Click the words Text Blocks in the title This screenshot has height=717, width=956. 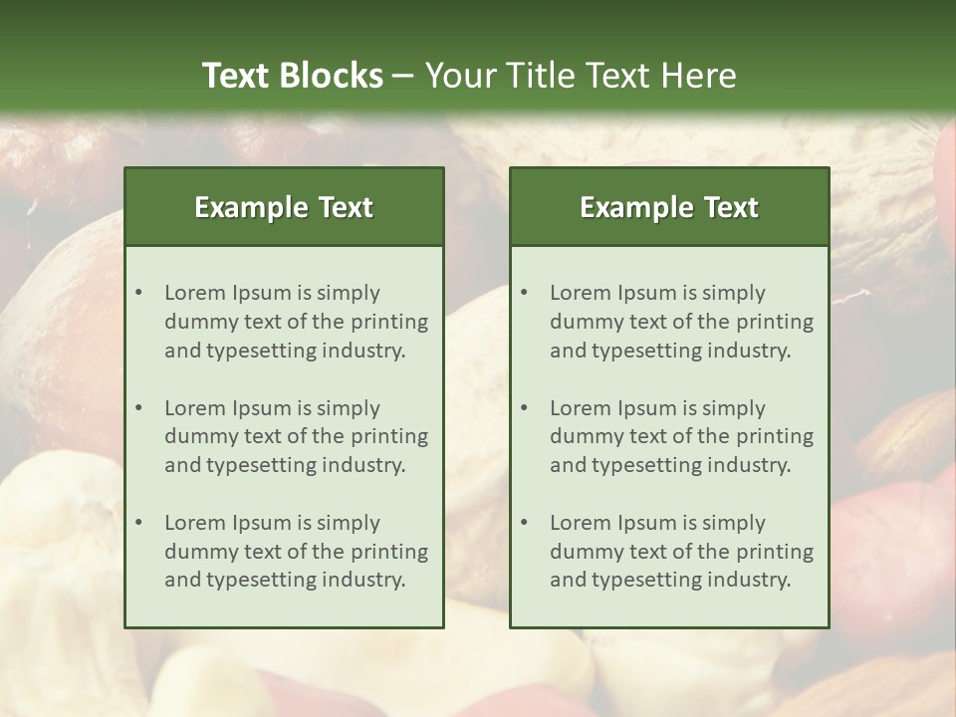click(293, 76)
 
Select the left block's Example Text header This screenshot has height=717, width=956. click(284, 207)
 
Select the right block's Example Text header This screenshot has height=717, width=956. click(669, 207)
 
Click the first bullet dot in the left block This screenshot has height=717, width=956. click(138, 293)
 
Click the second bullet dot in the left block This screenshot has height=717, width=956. click(138, 408)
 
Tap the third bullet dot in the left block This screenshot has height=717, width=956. click(138, 523)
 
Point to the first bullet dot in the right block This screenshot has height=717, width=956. click(524, 293)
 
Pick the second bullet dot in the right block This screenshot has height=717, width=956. click(524, 408)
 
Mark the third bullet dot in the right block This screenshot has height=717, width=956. click(524, 523)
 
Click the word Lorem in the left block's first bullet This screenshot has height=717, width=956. click(195, 293)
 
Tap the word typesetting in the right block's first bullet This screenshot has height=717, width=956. click(643, 351)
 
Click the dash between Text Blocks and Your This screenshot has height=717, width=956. click(403, 76)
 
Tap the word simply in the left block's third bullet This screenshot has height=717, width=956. click(348, 523)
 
